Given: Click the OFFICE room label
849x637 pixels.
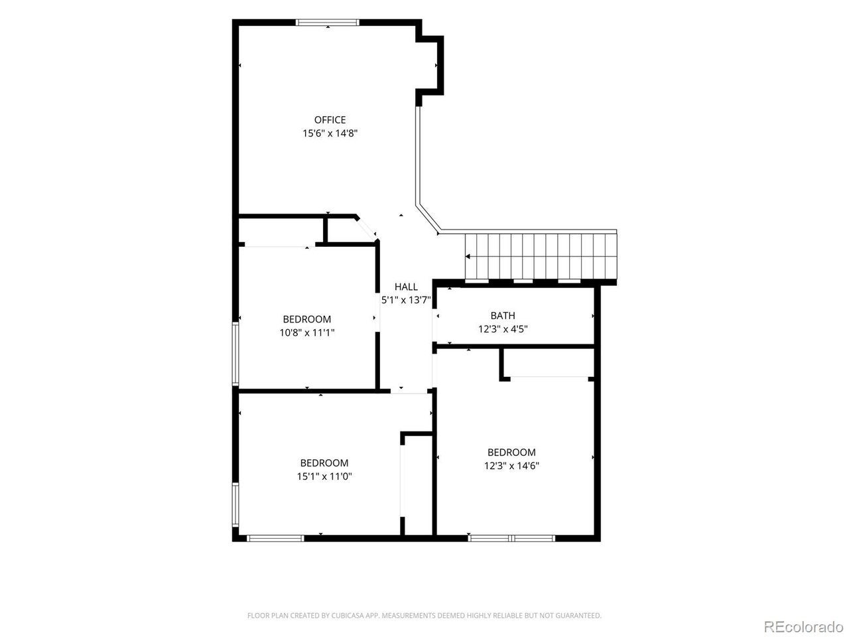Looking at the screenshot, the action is pos(330,120).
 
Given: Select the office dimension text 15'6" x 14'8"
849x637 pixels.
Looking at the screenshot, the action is pos(330,133).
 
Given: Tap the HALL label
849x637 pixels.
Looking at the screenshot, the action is pos(406,287).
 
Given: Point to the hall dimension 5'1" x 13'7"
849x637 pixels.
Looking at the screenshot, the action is pos(406,300).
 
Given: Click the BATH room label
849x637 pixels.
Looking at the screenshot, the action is pos(503,316).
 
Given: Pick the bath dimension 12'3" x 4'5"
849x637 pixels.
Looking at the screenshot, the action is pos(503,329).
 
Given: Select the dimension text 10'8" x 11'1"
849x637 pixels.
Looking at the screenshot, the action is pos(306,332).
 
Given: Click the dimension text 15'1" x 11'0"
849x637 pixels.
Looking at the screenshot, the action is pos(324,476).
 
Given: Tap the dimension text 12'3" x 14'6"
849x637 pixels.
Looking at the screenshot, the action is pos(511,465).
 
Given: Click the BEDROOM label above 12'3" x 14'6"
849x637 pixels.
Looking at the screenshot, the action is pos(511,452).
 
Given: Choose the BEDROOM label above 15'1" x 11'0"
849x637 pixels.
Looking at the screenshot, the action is pos(324,462).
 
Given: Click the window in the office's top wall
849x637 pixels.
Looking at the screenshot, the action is pos(327,23).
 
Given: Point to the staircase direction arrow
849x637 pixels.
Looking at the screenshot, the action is pos(467,256).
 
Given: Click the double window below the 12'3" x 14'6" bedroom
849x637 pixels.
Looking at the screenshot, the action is pos(511,538).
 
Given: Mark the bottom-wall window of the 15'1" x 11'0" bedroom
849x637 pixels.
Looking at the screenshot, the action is pos(275,538).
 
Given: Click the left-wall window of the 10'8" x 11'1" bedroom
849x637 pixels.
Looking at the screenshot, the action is pos(235,354).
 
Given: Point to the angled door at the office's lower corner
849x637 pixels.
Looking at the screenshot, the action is pos(366,229).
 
